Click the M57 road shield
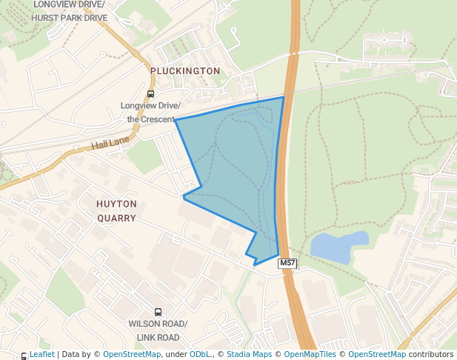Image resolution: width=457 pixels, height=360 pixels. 287,264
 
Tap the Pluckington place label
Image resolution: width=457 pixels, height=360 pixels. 185,71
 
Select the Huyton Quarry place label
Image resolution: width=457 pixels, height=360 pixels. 116,210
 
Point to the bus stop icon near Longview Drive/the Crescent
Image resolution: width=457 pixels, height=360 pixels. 151,94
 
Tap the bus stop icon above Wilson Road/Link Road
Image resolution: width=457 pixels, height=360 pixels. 158,313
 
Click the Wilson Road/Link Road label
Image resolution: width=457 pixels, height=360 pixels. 158,331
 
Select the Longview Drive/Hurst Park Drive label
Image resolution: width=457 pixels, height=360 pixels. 70,11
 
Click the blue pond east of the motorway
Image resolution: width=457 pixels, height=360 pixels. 338,247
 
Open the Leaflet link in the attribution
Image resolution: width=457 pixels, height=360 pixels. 41,355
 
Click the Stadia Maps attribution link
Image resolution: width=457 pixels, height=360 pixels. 249,355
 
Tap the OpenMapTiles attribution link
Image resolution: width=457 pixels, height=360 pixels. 305,355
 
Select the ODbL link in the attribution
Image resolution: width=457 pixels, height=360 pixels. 200,355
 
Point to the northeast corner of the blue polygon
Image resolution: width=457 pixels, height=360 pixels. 284,97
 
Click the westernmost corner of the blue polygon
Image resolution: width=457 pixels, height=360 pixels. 175,120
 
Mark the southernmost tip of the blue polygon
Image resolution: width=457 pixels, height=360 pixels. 255,264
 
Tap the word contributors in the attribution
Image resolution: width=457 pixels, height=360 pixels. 431,355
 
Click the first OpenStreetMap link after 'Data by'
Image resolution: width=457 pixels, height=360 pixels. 132,355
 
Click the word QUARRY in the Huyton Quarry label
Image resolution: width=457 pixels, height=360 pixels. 116,219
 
